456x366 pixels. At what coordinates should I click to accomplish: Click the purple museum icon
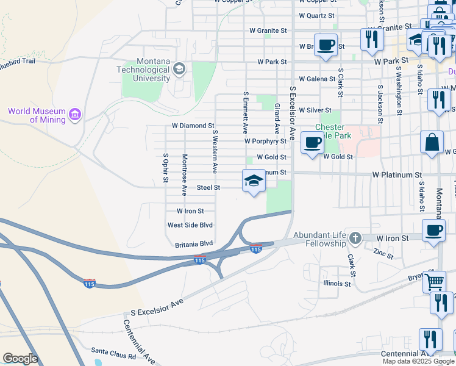75,114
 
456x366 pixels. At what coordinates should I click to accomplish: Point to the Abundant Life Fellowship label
319,239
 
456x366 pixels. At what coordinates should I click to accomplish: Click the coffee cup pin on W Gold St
313,143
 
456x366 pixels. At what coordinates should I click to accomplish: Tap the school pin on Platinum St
254,181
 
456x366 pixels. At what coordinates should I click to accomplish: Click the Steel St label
208,187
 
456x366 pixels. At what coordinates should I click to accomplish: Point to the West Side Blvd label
190,225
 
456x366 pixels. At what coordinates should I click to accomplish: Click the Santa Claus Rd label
112,351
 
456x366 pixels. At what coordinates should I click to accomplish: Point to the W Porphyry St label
265,141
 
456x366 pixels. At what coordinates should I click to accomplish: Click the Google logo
20,359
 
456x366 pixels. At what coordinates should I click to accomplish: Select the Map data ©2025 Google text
418,361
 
